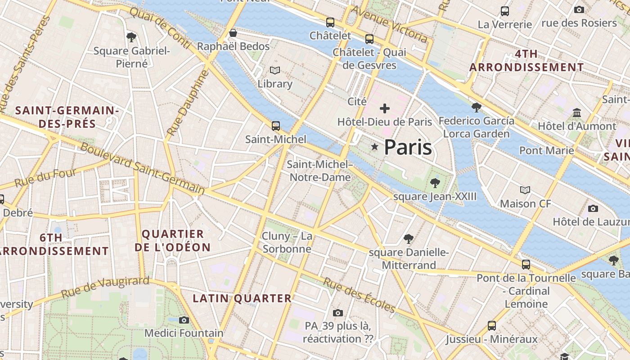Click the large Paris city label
(408, 148)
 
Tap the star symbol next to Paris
(374, 147)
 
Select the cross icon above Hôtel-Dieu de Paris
(385, 108)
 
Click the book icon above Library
(274, 70)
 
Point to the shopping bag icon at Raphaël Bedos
(233, 33)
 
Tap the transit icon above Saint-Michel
(276, 126)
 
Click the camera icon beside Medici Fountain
(184, 320)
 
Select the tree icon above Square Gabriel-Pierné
(131, 37)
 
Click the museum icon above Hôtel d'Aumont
(577, 112)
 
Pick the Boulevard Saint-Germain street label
(142, 169)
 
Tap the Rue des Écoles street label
(360, 295)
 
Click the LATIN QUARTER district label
(242, 298)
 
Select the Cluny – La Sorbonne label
(287, 243)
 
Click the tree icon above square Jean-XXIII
(435, 183)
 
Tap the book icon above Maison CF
(525, 190)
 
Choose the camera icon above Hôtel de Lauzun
(593, 208)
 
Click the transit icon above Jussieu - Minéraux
(492, 325)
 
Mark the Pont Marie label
(546, 150)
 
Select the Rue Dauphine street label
(188, 103)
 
